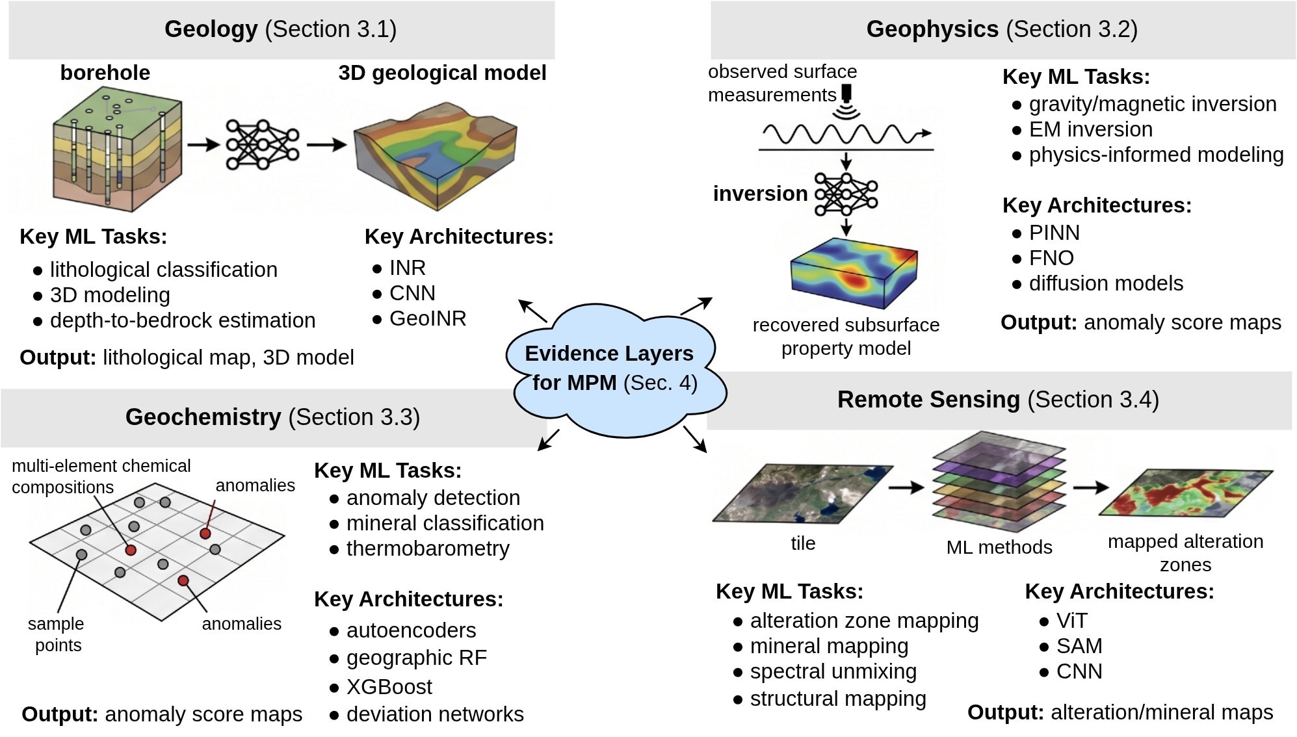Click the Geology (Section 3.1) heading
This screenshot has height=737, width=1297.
pos(280,29)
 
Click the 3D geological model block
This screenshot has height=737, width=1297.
pos(436,155)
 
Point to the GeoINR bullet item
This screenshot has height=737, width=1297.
pos(420,318)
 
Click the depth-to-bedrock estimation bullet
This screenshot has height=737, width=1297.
pos(174,320)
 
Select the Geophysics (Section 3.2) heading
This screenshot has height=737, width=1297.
pos(1002,29)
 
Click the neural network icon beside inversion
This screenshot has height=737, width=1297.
pos(846,194)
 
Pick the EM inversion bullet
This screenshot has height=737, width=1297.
pos(1082,129)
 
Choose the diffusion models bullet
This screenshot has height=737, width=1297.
pos(1098,283)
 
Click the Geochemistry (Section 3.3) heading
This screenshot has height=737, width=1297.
pos(272,417)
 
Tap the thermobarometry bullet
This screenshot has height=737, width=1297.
pos(419,549)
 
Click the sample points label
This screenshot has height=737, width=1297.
pos(57,634)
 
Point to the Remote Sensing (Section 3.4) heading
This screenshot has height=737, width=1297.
pos(998,400)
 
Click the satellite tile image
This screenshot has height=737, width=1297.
pos(803,493)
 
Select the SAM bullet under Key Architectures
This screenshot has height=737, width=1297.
pos(1071,646)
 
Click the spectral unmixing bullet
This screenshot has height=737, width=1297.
pos(825,671)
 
